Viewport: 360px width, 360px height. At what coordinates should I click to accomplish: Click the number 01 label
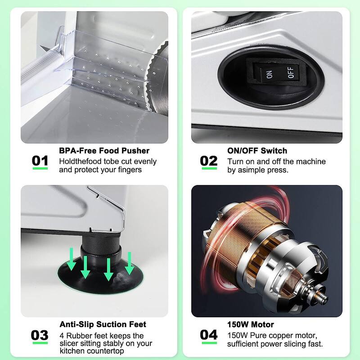pyautogui.click(x=40, y=161)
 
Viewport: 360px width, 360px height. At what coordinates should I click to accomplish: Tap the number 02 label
pyautogui.click(x=209, y=161)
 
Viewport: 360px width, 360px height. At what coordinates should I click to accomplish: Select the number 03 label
pyautogui.click(x=40, y=335)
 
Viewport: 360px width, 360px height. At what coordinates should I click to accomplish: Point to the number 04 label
pyautogui.click(x=209, y=335)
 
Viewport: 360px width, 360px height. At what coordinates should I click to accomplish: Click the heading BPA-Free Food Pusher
pyautogui.click(x=104, y=151)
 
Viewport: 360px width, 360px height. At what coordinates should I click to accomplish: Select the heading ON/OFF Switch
pyautogui.click(x=257, y=151)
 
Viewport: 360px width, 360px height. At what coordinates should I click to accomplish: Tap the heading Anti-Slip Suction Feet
pyautogui.click(x=103, y=324)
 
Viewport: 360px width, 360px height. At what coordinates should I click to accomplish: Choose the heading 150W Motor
pyautogui.click(x=251, y=324)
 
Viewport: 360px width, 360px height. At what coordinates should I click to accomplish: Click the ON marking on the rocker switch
pyautogui.click(x=269, y=74)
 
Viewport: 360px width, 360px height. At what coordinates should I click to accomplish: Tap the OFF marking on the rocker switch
pyautogui.click(x=290, y=72)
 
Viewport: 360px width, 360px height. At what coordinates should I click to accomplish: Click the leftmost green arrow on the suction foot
pyautogui.click(x=71, y=259)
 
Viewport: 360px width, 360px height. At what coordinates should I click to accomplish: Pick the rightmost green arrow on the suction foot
pyautogui.click(x=130, y=263)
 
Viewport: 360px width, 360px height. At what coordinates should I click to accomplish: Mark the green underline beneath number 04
pyautogui.click(x=209, y=343)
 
